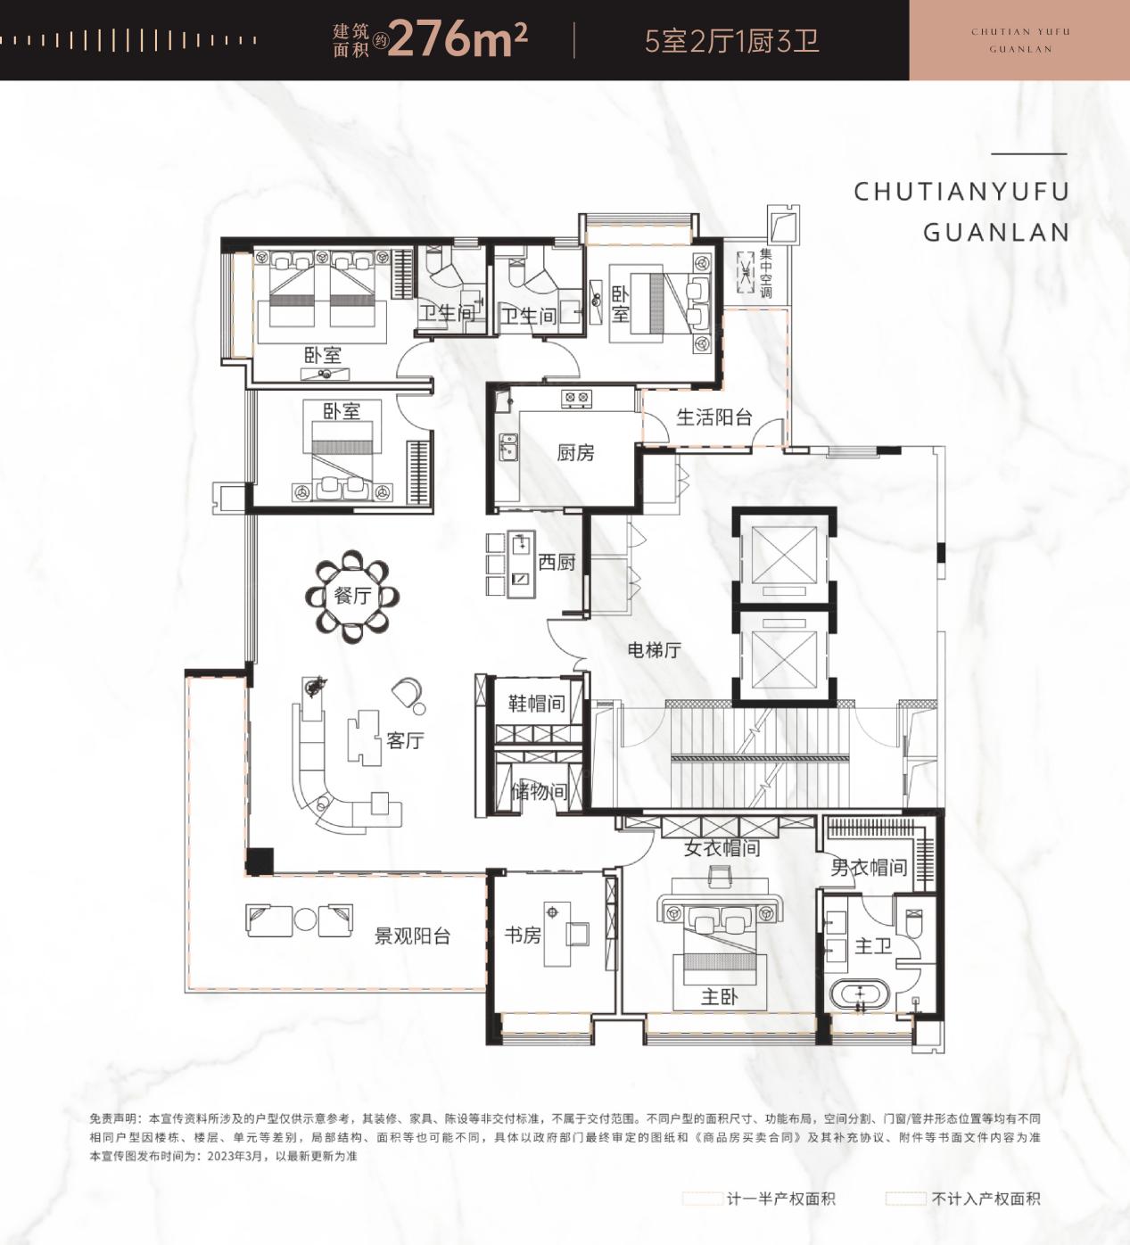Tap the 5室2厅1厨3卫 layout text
click(x=731, y=41)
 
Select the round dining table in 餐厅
click(x=352, y=596)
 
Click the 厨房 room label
click(x=575, y=453)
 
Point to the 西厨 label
click(x=557, y=562)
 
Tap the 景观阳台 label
click(x=412, y=936)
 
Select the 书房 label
click(x=523, y=935)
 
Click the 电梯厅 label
click(x=654, y=650)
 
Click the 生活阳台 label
click(x=713, y=416)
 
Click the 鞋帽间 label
click(x=537, y=704)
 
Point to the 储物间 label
click(x=539, y=791)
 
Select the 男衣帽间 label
click(x=868, y=867)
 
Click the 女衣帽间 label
click(x=722, y=848)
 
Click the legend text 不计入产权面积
click(x=986, y=1199)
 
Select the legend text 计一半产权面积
click(x=780, y=1199)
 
